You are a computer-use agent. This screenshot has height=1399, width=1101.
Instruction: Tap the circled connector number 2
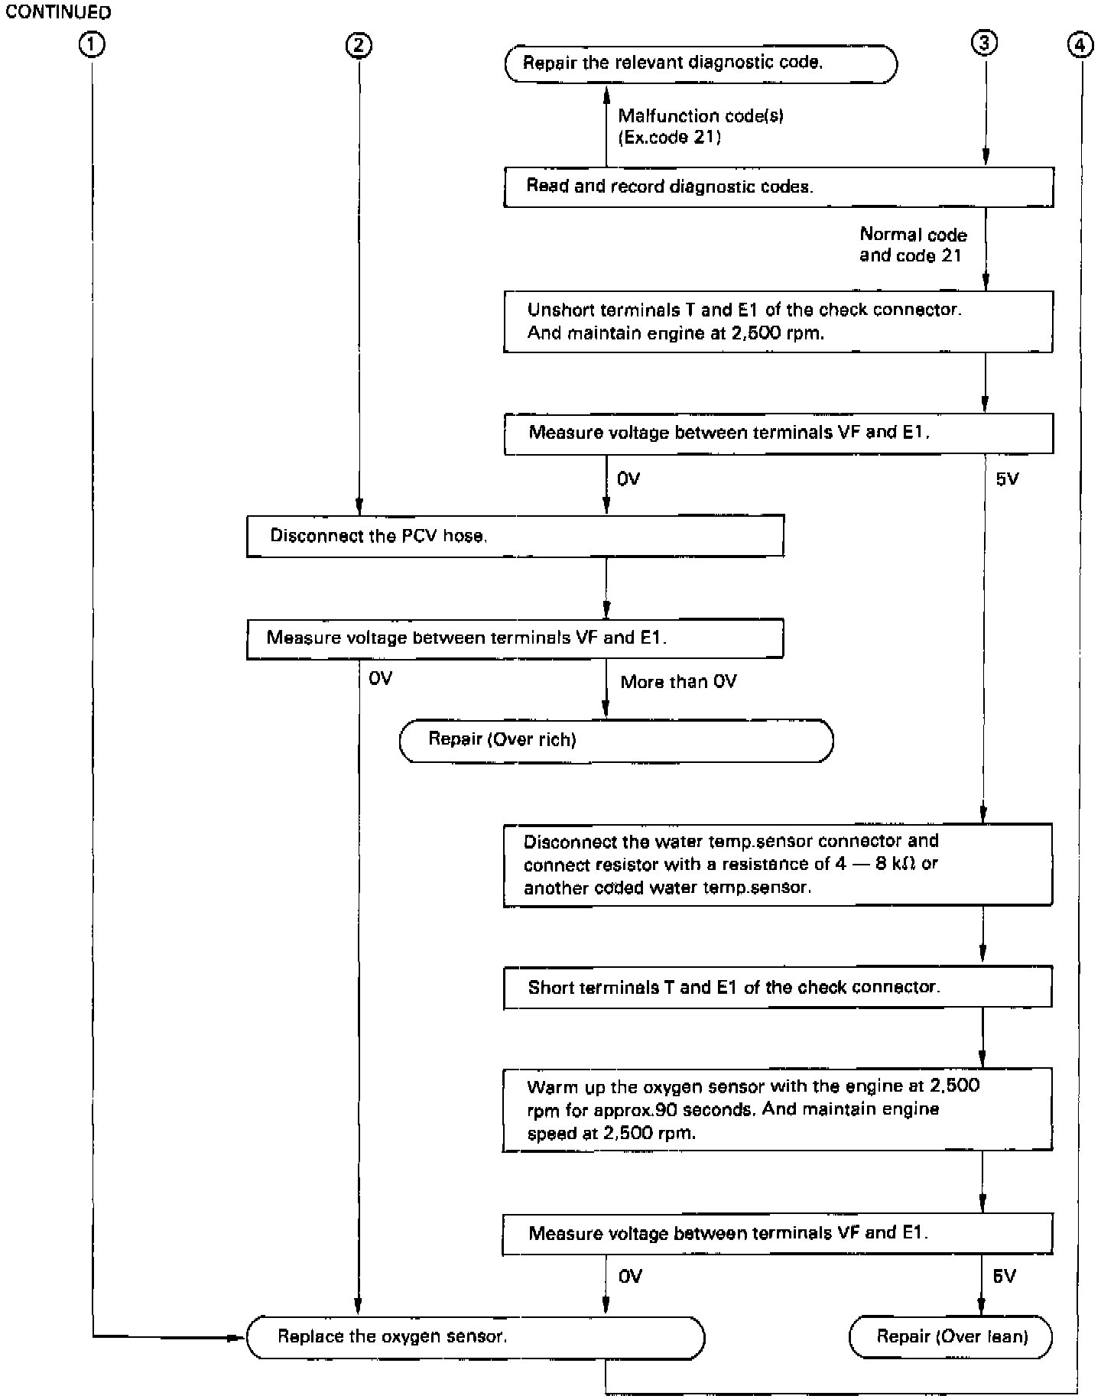[358, 45]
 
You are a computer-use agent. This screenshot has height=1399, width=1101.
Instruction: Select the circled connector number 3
[984, 44]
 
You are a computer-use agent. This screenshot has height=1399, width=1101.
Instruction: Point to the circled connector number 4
[1079, 46]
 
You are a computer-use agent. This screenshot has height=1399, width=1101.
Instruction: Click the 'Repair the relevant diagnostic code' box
[700, 63]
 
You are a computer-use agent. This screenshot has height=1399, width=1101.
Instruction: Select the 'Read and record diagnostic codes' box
[778, 187]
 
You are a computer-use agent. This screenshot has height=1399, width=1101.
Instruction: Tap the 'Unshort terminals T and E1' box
[778, 321]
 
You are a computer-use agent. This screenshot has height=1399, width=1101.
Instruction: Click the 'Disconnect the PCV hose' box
[515, 535]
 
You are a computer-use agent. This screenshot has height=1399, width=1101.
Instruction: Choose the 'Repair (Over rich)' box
[615, 740]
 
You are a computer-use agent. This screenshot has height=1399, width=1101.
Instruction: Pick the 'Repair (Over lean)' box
[951, 1337]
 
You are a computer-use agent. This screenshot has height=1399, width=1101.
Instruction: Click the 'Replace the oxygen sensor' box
[475, 1337]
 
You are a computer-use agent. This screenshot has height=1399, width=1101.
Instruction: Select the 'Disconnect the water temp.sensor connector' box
[778, 865]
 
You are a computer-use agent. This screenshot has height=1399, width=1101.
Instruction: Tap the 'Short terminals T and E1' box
[778, 987]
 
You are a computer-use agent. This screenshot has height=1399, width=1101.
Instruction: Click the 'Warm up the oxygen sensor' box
[778, 1109]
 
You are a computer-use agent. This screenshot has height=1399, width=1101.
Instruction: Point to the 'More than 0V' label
[678, 682]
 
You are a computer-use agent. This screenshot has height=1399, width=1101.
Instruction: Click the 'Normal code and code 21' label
[913, 245]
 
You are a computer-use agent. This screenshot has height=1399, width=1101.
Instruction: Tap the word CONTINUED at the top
[58, 12]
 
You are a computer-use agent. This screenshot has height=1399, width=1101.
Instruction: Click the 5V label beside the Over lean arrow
[1004, 1276]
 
